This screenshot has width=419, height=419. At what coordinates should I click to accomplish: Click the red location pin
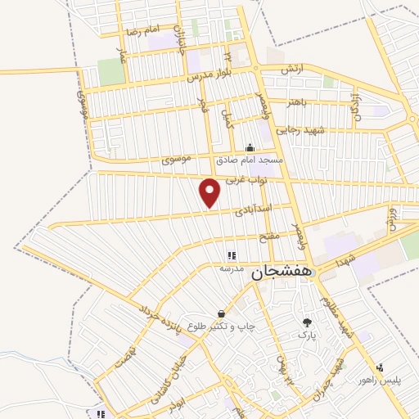point(210,193)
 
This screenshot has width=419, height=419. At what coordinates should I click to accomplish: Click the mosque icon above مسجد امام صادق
point(250,148)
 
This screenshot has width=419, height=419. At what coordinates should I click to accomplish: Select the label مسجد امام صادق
point(250,160)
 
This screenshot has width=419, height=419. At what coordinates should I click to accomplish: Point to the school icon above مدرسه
point(231,256)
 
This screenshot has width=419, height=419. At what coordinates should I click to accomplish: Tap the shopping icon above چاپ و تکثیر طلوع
point(220,313)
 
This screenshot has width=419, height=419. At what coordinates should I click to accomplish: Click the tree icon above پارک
point(307,323)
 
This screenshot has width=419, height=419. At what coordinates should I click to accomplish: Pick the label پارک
point(306,335)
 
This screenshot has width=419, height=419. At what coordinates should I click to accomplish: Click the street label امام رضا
point(141,31)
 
